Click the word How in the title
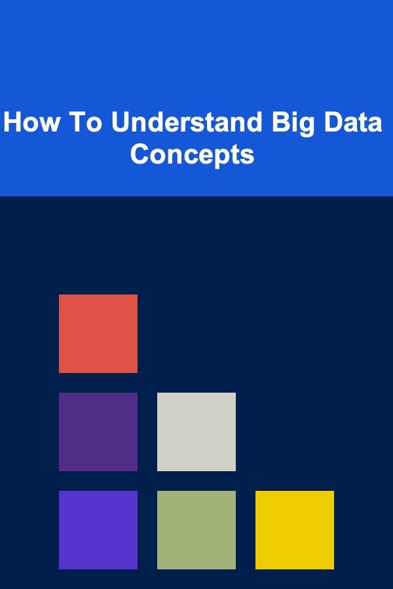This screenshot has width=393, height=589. click(31, 122)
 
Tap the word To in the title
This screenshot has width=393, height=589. click(85, 122)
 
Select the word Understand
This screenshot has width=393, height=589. click(187, 122)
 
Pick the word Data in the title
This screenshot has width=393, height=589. click(353, 122)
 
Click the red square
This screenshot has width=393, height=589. click(98, 334)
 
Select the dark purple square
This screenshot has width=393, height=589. click(98, 432)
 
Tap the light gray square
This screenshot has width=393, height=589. click(196, 432)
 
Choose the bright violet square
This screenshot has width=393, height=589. click(98, 529)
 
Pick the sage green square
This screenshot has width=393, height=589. click(196, 529)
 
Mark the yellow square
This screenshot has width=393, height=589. click(295, 529)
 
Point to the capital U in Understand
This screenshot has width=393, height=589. click(121, 122)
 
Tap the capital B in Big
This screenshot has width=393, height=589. click(280, 122)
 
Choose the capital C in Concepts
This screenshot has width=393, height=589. click(140, 154)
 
